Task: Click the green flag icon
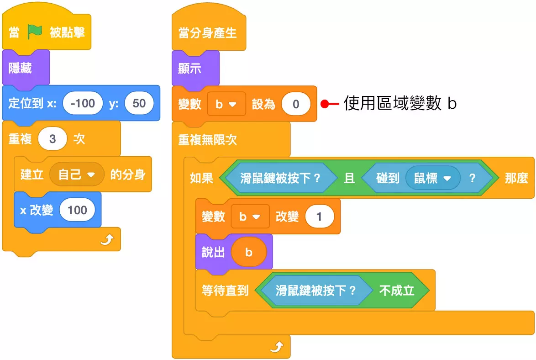[35, 32]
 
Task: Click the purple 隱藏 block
[21, 68]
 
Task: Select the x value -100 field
[83, 103]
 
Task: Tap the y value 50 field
[139, 103]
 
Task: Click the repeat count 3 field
[52, 139]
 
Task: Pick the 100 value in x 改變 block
[77, 210]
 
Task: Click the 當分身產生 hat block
[208, 33]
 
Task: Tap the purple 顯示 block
[189, 69]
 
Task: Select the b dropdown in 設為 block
[226, 104]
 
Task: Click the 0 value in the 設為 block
[295, 104]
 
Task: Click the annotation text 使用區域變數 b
[399, 104]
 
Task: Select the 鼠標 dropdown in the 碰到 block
[432, 178]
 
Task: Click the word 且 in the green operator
[349, 178]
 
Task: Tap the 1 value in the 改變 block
[319, 217]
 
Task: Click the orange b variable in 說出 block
[248, 252]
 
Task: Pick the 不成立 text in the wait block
[396, 290]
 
